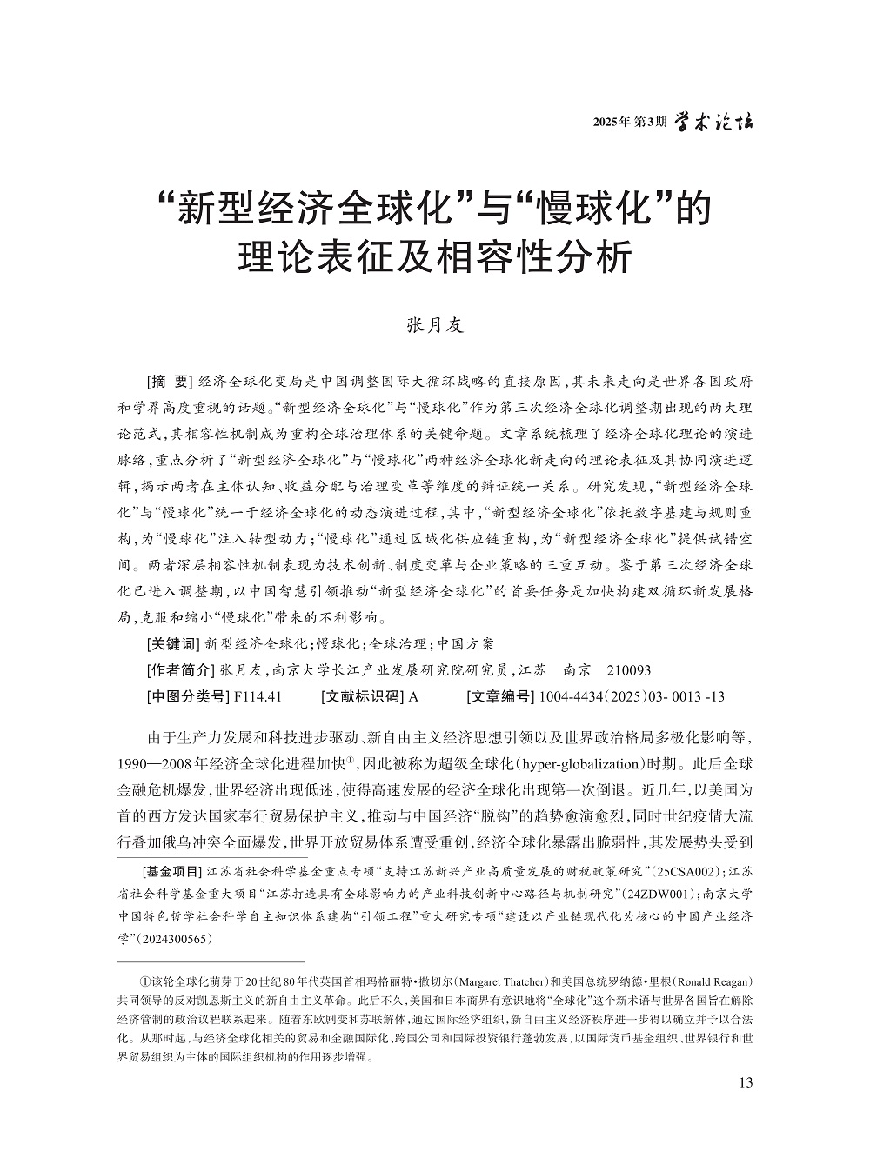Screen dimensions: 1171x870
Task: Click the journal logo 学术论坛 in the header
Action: [714, 122]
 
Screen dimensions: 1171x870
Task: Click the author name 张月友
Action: [435, 326]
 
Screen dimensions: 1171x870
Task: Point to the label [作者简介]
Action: [179, 670]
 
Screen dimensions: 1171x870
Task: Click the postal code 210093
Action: [626, 670]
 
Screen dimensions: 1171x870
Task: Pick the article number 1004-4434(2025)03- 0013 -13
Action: [632, 696]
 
